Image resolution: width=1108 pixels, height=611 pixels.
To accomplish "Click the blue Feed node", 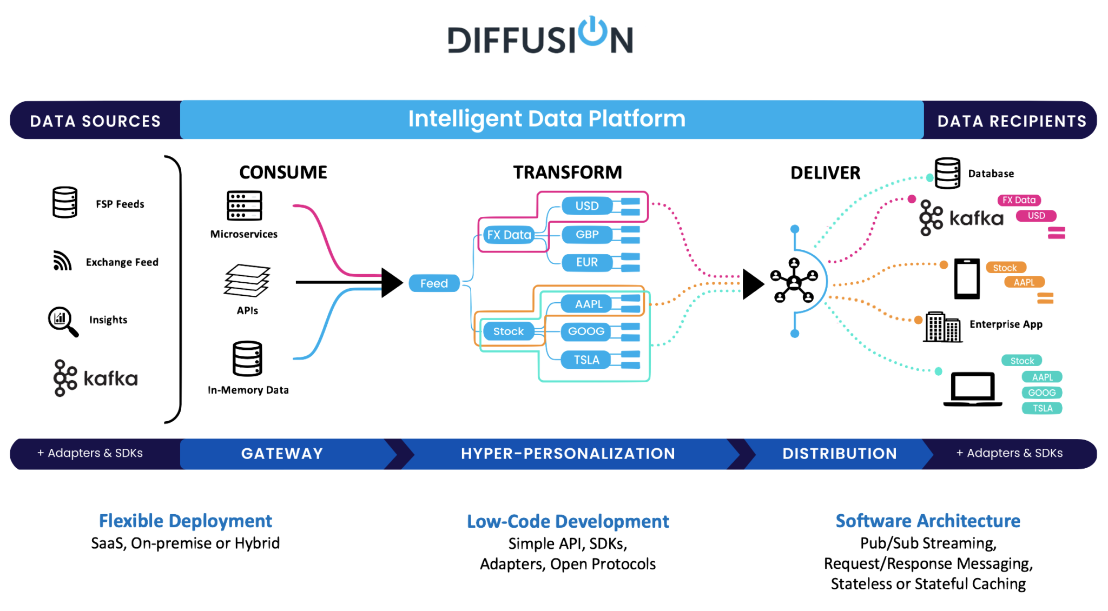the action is pos(434,283).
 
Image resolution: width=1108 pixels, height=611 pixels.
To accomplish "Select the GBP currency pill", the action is pos(587,235).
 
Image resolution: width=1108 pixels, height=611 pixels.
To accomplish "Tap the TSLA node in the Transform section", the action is pos(586,360).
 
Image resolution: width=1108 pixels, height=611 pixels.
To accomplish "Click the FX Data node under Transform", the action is pos(509,235).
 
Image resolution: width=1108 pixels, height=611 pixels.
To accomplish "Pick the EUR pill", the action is pos(587,262).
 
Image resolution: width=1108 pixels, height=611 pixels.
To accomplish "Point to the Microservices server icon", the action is pos(245,205).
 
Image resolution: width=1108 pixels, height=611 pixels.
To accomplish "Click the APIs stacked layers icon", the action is pos(247,281).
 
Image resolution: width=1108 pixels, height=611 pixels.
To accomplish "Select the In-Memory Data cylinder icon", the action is pos(247,358).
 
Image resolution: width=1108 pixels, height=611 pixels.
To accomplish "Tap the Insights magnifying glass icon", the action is pos(63,322).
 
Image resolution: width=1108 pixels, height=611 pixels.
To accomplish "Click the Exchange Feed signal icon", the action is pos(62,261).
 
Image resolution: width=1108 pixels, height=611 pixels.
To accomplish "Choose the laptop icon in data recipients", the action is pos(973,389).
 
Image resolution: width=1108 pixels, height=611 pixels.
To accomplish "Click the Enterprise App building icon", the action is pos(943,327).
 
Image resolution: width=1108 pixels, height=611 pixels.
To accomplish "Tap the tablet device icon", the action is pos(967,279).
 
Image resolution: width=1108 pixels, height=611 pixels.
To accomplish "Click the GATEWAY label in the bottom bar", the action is pos(282,454).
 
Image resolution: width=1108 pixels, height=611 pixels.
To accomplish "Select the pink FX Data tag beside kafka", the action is pos(1019,200).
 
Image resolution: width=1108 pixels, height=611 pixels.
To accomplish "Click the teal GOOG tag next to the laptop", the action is pos(1042,393).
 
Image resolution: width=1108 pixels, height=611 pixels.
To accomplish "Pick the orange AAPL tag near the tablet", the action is pos(1024,282).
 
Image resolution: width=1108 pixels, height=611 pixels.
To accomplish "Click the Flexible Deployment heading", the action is pos(186,521).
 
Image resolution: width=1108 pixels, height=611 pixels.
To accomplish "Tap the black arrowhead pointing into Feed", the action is pos(392,282).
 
